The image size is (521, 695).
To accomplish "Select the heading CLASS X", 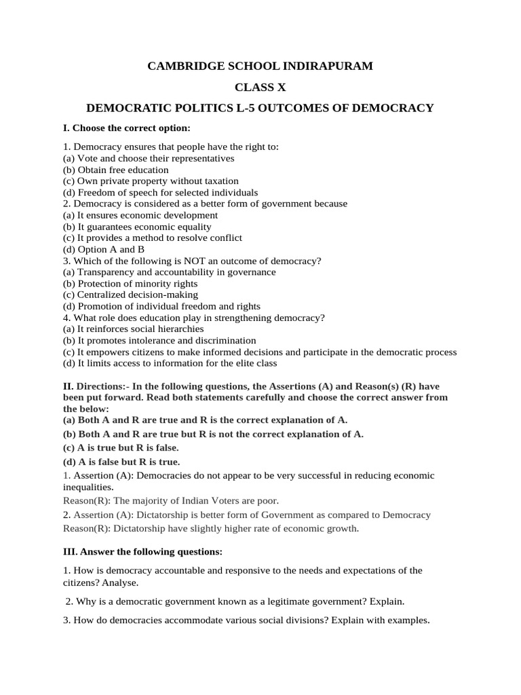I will click(x=260, y=88).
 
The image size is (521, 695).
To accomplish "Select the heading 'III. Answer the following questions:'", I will click(x=142, y=551).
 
